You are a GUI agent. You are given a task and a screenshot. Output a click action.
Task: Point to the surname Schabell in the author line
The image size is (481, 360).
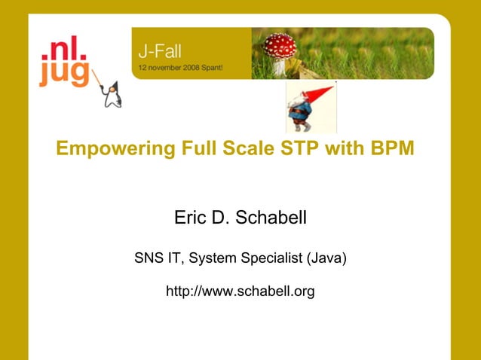tap(271, 218)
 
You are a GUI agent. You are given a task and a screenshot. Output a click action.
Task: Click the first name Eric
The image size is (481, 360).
tap(188, 218)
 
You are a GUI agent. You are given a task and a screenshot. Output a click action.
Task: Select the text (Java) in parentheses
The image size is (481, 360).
tap(326, 258)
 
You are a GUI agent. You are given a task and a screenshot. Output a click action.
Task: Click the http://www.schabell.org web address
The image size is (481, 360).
tap(240, 291)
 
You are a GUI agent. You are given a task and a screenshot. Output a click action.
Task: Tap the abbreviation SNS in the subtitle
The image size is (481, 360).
tap(148, 258)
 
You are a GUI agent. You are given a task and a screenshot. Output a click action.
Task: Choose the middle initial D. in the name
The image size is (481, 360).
tap(220, 218)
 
